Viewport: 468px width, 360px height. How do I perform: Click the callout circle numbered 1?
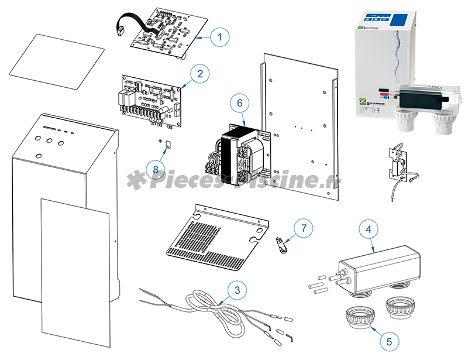219,37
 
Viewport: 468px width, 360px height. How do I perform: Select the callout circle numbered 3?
236,289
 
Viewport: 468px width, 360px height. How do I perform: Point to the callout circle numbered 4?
369,229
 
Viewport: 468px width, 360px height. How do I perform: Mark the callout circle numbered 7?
302,228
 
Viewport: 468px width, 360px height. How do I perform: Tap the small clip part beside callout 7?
281,242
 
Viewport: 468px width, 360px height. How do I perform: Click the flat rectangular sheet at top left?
57,60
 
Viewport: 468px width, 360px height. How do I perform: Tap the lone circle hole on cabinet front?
39,156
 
